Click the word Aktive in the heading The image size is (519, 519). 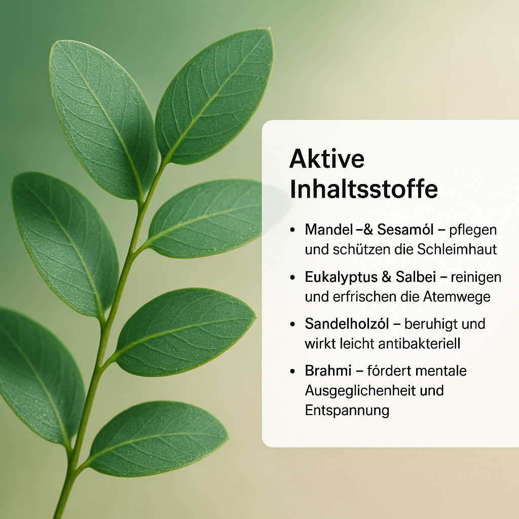coord(327,159)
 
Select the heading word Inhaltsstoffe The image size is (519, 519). coord(364,189)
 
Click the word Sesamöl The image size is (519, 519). coord(405,230)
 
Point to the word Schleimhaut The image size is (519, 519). coord(457,249)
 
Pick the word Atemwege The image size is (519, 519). coord(457,297)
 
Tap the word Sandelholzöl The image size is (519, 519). coord(347,324)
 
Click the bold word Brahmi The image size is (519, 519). coord(328,370)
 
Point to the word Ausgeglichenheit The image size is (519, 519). coord(360,391)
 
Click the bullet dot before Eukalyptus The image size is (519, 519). coord(292,277)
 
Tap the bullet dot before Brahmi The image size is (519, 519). coord(292,371)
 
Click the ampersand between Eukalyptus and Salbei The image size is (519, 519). coord(386,277)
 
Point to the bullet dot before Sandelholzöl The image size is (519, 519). coord(292,324)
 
